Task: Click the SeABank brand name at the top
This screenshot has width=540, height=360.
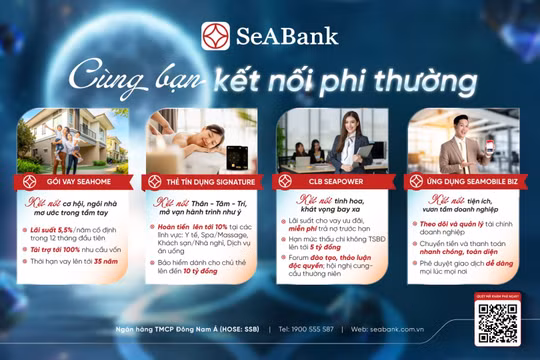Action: coord(287,38)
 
